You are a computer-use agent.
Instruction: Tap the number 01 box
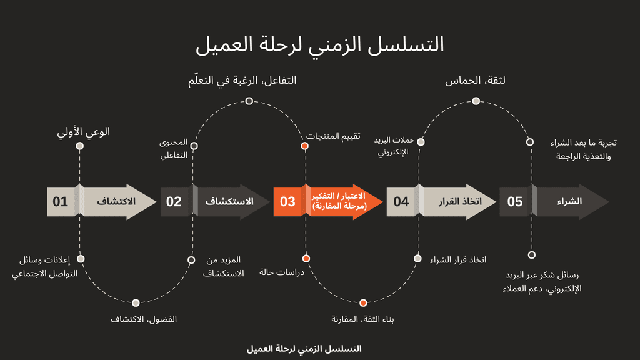61,202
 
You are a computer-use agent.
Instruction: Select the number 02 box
174,202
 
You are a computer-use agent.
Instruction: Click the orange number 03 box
287,202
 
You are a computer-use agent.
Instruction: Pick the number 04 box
401,202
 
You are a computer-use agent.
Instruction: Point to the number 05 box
515,202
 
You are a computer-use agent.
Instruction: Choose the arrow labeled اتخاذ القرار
457,202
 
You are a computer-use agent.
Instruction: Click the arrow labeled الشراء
570,202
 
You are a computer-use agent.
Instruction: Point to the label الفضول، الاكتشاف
144,319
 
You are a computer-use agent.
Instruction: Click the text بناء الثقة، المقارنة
362,319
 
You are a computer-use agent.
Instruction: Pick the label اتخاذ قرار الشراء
458,260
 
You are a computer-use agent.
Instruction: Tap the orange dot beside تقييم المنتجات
305,146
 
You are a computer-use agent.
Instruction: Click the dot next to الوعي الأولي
79,146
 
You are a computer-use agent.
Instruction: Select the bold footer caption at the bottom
304,348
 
